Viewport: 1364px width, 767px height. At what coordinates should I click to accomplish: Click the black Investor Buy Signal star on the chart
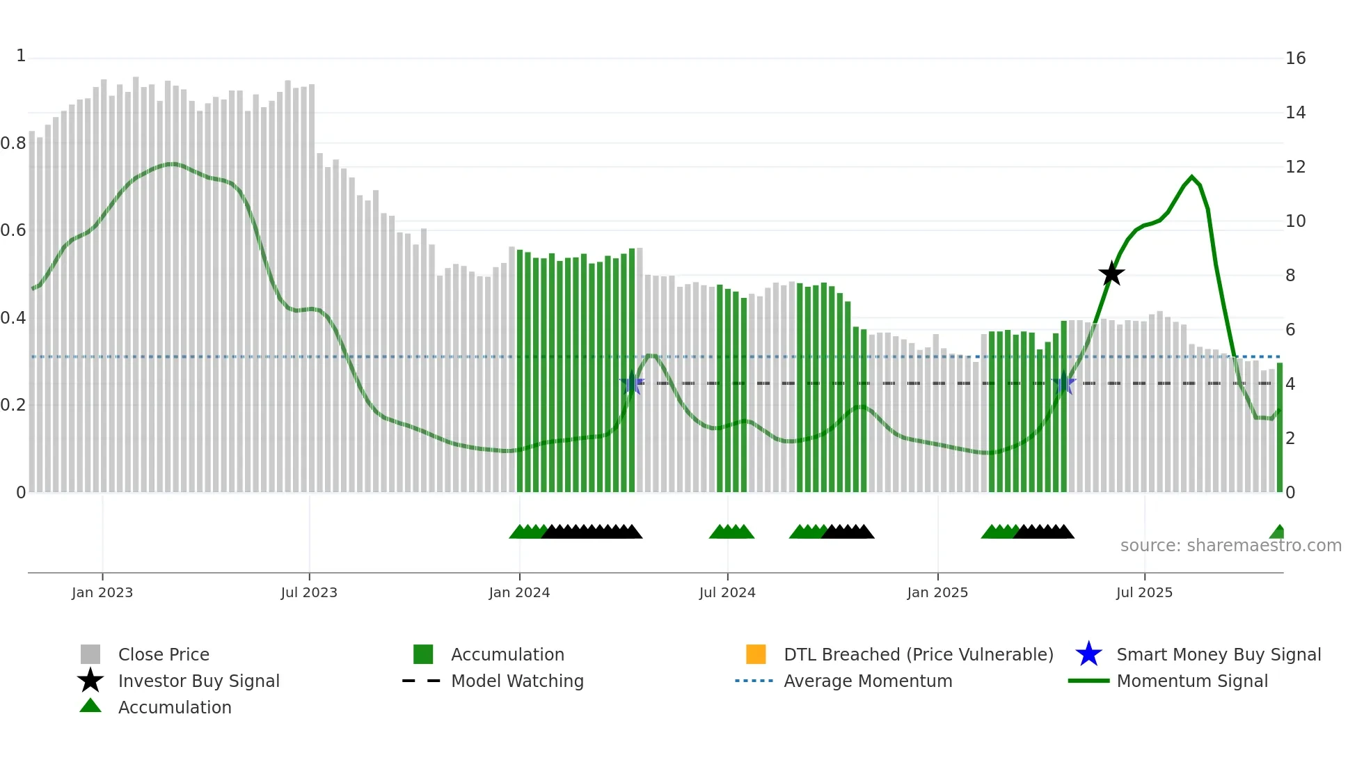point(1111,274)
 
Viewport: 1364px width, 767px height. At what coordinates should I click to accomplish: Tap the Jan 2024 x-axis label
point(519,592)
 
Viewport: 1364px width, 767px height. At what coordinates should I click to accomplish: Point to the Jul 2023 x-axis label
point(309,592)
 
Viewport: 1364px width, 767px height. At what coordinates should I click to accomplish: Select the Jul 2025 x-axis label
point(1144,592)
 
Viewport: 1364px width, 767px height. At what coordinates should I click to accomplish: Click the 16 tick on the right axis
point(1295,58)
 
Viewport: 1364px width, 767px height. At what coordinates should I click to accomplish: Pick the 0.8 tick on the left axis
point(13,143)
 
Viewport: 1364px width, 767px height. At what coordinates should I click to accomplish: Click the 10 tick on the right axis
point(1295,221)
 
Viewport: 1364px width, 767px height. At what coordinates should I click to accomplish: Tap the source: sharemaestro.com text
point(1230,546)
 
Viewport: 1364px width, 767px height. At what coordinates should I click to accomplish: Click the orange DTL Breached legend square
point(756,654)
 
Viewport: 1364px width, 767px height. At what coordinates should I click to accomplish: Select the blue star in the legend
point(1088,654)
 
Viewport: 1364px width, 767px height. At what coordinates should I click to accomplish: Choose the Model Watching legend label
point(517,681)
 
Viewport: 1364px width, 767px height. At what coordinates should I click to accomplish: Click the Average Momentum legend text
point(868,681)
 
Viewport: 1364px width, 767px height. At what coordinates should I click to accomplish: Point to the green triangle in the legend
point(90,706)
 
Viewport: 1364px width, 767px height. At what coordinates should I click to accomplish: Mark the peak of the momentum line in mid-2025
point(1191,177)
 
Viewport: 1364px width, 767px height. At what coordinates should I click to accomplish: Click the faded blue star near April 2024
point(632,383)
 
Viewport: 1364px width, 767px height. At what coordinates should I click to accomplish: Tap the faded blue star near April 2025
point(1063,383)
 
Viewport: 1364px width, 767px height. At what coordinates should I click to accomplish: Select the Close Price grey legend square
point(90,654)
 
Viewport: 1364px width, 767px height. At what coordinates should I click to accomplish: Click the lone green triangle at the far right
point(1278,532)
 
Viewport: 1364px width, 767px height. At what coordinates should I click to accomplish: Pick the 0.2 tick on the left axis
point(13,405)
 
